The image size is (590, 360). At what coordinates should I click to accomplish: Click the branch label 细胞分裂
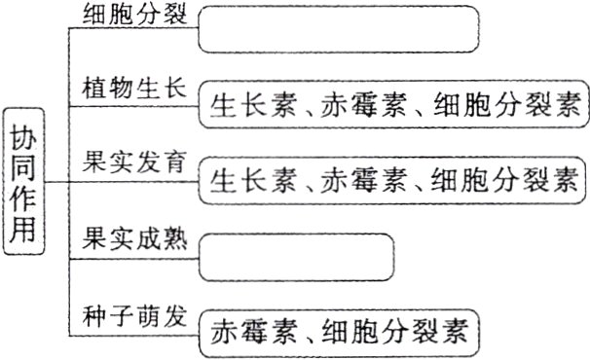(x=126, y=17)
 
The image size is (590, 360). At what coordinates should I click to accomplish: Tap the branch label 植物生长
(x=126, y=89)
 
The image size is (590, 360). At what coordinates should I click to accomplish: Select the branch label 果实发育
(x=126, y=162)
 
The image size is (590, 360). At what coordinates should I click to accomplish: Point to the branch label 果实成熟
(x=126, y=237)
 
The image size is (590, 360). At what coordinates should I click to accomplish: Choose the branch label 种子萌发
(x=126, y=313)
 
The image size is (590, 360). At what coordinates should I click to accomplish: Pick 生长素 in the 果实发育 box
(x=247, y=180)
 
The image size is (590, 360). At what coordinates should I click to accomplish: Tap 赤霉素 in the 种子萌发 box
(x=247, y=334)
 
